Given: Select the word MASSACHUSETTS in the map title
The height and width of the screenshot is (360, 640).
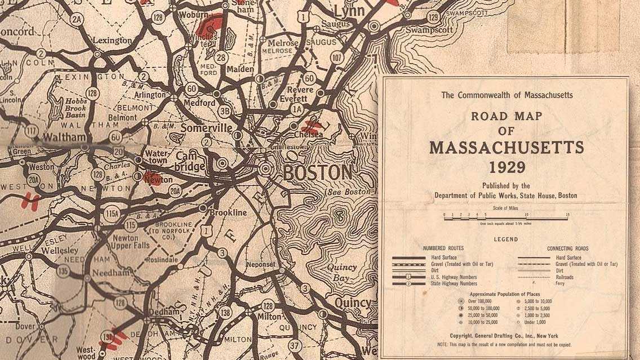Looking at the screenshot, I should [x=506, y=148].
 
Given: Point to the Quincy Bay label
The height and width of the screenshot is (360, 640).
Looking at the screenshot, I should [x=341, y=273].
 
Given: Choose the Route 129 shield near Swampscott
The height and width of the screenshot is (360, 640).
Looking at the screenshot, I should [x=433, y=17].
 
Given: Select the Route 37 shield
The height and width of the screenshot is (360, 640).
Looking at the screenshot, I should [x=294, y=344].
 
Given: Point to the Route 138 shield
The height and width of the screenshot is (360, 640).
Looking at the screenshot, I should [x=225, y=310].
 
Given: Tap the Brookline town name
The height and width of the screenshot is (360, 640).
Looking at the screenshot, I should [x=228, y=213].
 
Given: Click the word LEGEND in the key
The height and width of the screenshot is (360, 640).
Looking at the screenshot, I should [x=506, y=239].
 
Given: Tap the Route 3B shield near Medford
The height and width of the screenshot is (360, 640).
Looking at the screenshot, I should [x=224, y=111].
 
